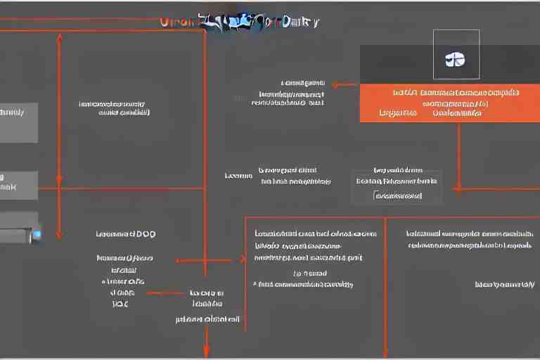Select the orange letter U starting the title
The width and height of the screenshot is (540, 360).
coord(165,22)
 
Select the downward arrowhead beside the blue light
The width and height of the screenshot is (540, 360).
coord(59,234)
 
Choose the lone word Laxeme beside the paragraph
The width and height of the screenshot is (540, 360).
coord(238,175)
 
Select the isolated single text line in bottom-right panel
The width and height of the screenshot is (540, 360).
coord(504,284)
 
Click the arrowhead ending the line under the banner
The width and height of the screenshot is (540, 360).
coord(457,188)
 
